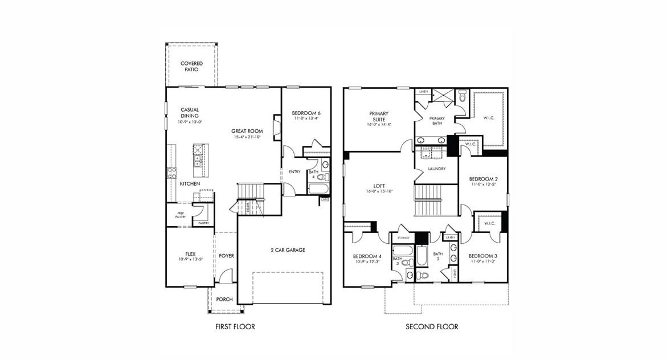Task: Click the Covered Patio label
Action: pyautogui.click(x=191, y=66)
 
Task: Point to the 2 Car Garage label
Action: pyautogui.click(x=288, y=250)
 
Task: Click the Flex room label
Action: pyautogui.click(x=190, y=253)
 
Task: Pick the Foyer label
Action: pyautogui.click(x=226, y=256)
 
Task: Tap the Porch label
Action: pyautogui.click(x=224, y=299)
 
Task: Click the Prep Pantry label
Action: pyautogui.click(x=180, y=215)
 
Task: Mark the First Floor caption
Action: pyautogui.click(x=235, y=327)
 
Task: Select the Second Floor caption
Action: pyautogui.click(x=432, y=327)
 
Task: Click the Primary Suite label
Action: pyautogui.click(x=379, y=116)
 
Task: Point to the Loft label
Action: pyautogui.click(x=379, y=186)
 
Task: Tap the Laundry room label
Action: pyautogui.click(x=437, y=169)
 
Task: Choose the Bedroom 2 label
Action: pyautogui.click(x=483, y=179)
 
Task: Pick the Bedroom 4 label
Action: pyautogui.click(x=366, y=256)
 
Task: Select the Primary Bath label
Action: pyautogui.click(x=437, y=120)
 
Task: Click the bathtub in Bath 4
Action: pyautogui.click(x=317, y=188)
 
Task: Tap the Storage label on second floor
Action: pyautogui.click(x=403, y=237)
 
